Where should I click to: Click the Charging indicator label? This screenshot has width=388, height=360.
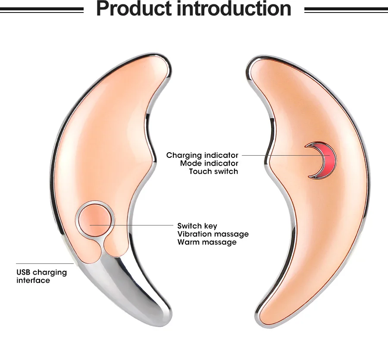(202, 155)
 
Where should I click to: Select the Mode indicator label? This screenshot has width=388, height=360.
(209, 163)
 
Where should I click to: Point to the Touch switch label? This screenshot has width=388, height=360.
(213, 172)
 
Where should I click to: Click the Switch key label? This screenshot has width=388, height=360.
(197, 226)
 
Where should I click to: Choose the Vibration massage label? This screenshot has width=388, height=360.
(213, 234)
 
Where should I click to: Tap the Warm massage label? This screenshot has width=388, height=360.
(207, 242)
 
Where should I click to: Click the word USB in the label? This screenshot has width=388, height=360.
(23, 272)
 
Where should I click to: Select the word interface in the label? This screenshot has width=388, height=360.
(33, 281)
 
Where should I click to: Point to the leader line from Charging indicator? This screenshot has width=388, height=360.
(276, 155)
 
